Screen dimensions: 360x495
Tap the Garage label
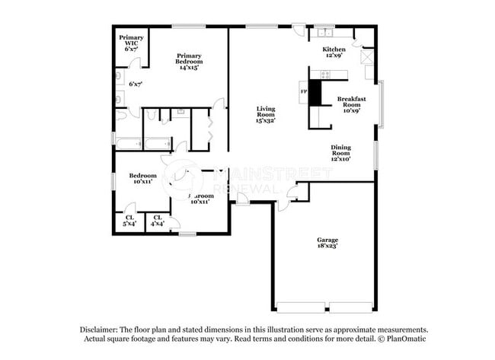coord(328,240)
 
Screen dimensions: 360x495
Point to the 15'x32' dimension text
coord(265,119)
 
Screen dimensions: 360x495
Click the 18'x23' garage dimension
coord(328,246)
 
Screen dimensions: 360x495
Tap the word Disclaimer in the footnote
coord(101,329)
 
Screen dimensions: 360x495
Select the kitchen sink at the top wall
coord(326,32)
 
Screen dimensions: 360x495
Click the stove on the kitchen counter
coord(325,75)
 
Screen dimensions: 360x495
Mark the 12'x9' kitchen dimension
coord(334,56)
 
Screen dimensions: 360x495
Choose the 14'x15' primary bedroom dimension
coord(189,67)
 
